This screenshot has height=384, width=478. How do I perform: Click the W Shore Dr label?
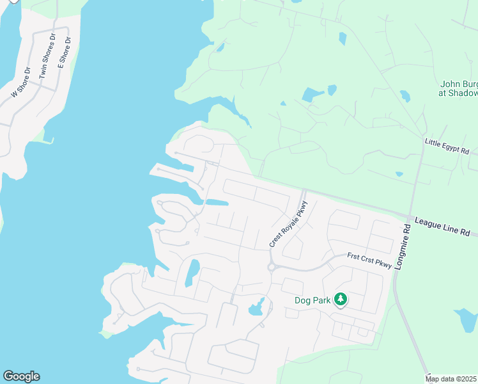[20, 83]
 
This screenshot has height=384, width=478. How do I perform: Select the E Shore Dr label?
[65, 51]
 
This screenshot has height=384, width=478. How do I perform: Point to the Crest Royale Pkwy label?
[289, 224]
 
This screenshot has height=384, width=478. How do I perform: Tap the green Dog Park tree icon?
[341, 299]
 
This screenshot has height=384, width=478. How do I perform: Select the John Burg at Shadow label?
[458, 88]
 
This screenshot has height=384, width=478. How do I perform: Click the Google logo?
[21, 376]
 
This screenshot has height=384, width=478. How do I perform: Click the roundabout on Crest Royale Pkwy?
[272, 267]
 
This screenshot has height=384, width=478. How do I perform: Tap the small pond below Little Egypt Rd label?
[399, 173]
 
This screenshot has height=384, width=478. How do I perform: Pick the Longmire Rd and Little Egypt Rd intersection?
[423, 147]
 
